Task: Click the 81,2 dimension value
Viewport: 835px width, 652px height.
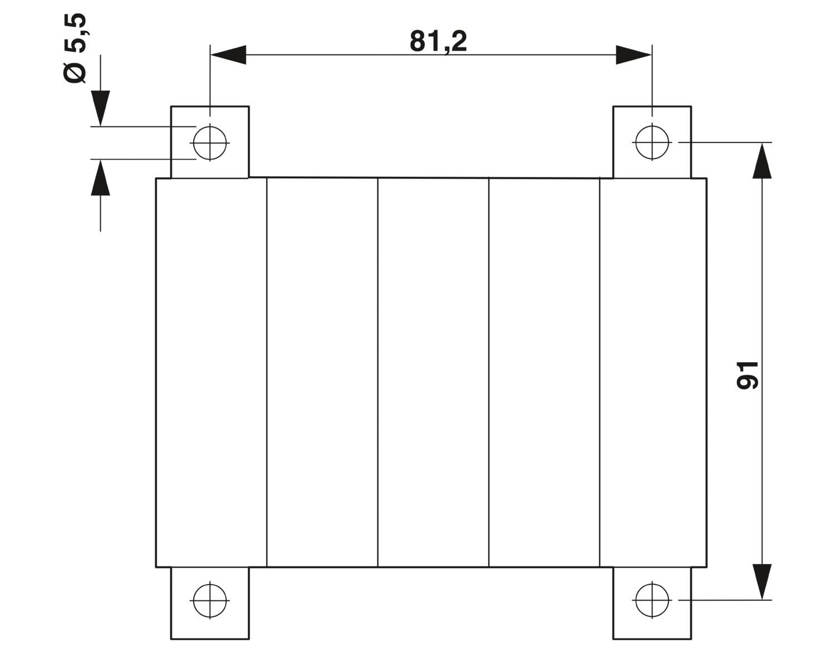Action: (438, 42)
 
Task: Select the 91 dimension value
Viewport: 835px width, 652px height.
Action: (747, 375)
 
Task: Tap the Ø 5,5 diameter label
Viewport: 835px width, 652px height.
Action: (75, 48)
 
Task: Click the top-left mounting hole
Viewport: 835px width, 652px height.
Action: (210, 143)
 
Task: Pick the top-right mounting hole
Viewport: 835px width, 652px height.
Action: (652, 142)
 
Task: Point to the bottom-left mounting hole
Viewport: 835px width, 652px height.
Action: (210, 600)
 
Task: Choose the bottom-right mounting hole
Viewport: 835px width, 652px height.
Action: (652, 600)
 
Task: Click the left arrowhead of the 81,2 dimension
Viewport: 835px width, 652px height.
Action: (228, 55)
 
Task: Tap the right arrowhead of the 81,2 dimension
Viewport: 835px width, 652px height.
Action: (633, 55)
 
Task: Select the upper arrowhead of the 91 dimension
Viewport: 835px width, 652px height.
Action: (762, 161)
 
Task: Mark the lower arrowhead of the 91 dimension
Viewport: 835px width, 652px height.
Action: (762, 582)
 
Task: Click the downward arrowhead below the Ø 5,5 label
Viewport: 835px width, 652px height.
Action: (100, 108)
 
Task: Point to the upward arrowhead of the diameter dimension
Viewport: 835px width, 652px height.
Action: (100, 177)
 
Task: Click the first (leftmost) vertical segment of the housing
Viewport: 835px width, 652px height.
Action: (212, 373)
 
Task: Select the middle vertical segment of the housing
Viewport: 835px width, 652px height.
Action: (434, 373)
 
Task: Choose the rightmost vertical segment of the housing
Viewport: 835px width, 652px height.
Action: (653, 373)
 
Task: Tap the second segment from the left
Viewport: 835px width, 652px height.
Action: (322, 373)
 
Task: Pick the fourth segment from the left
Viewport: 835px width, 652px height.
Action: (544, 373)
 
